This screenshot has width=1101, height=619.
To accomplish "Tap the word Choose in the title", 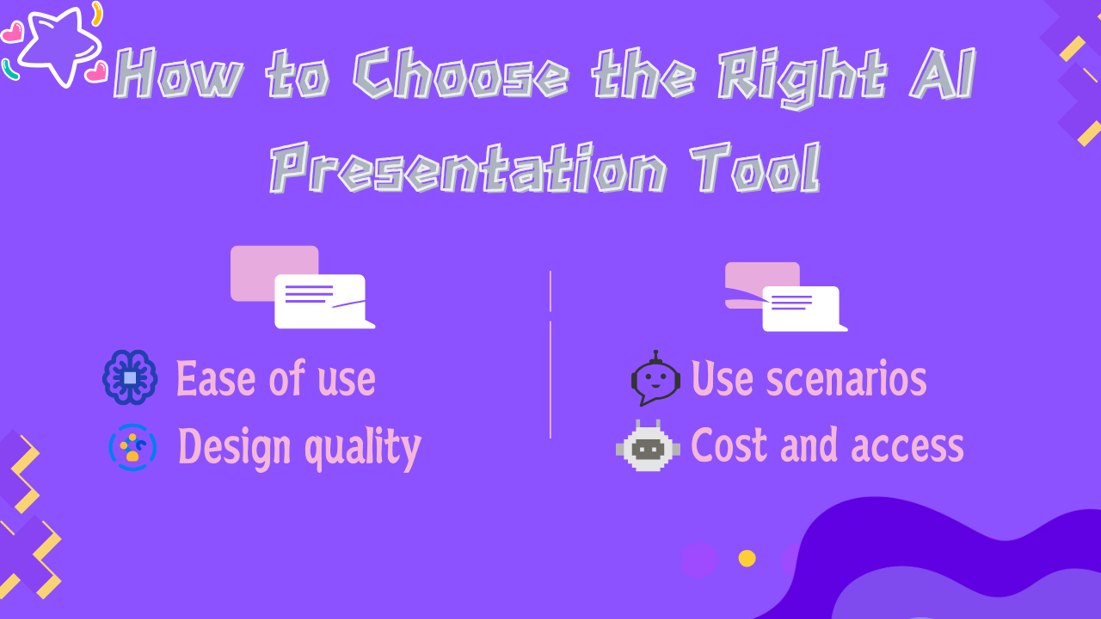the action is (460, 74).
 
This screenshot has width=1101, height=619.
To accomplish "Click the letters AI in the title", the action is (942, 74).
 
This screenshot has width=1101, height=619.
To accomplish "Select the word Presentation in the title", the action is (468, 168).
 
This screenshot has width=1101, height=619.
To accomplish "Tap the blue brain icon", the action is (130, 377).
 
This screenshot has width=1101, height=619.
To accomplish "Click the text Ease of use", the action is (276, 377).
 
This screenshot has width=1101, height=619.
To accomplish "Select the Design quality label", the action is (299, 448).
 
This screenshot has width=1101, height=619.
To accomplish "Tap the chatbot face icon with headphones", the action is (655, 378).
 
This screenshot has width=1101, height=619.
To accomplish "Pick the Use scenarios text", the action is (809, 377).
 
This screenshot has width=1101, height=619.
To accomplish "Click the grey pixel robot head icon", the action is (648, 446).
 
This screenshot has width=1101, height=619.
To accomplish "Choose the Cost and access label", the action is (827, 445).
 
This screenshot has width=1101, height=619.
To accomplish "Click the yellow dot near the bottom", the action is (747, 559).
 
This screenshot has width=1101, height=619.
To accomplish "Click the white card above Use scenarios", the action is (804, 309).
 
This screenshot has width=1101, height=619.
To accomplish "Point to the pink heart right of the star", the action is (96, 71).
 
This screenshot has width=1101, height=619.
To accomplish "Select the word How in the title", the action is (178, 74).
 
